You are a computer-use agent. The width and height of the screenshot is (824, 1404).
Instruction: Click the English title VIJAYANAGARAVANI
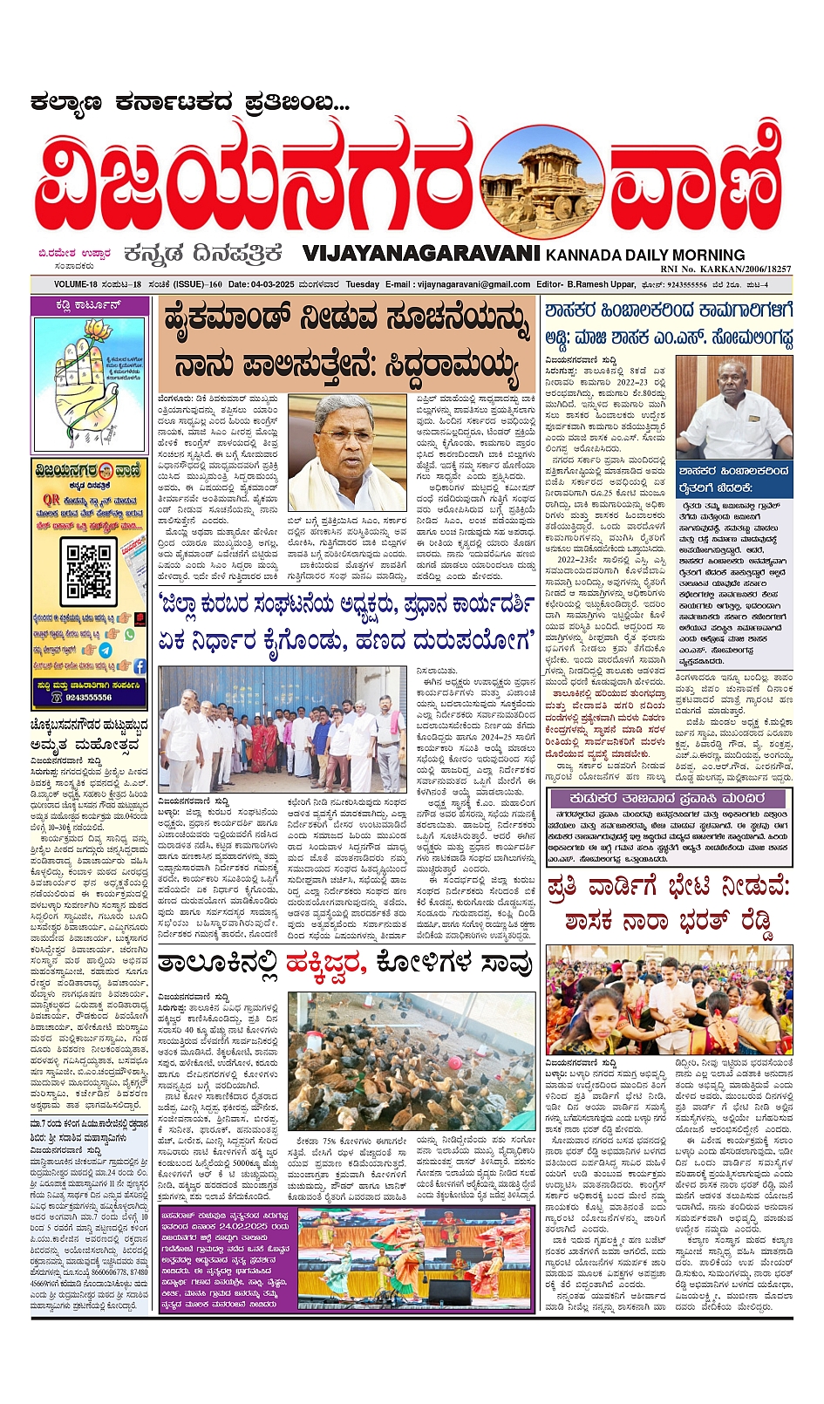pos(422,254)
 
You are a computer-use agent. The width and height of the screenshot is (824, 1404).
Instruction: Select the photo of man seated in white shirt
pos(734,407)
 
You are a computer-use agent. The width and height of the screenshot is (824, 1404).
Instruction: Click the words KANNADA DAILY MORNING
pos(645,255)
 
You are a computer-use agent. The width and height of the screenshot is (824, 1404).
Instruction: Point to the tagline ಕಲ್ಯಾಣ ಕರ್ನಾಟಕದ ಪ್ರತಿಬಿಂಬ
pos(190,103)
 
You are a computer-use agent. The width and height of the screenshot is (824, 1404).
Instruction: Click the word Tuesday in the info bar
pos(363,284)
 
